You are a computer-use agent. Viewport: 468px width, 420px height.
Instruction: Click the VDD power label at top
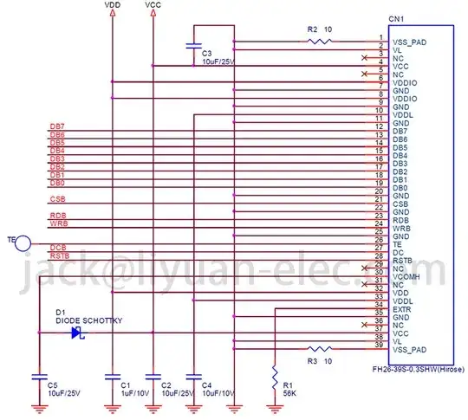coord(112,5)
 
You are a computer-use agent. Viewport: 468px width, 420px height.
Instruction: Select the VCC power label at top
coord(153,5)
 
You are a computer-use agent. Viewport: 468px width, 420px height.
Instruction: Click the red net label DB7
coord(57,127)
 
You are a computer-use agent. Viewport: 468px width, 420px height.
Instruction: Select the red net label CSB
coord(57,200)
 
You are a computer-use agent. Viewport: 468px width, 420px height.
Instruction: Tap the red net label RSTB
coord(59,256)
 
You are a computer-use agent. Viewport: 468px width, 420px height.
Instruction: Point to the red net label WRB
coord(58,223)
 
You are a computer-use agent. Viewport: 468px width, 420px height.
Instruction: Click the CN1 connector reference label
coord(396,18)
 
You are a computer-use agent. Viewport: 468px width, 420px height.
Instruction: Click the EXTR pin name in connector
coord(402,309)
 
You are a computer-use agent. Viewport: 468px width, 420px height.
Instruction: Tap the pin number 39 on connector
coord(379,347)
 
